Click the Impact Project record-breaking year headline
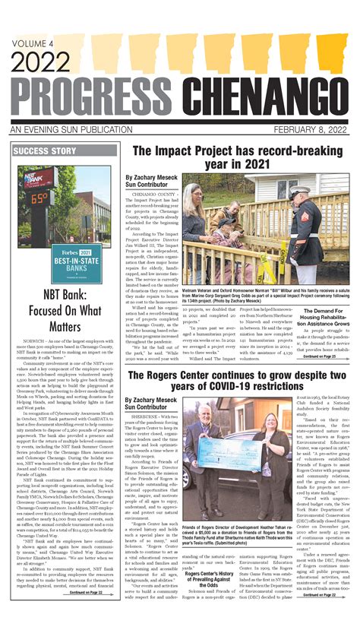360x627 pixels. pyautogui.click(x=235, y=157)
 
